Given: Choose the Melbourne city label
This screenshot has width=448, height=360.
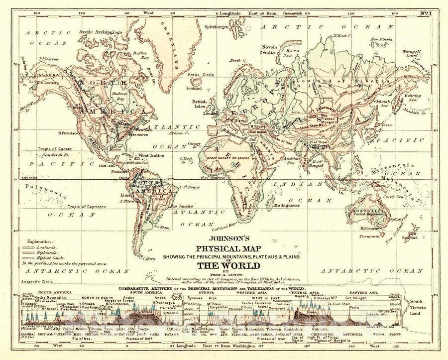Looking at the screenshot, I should [365, 228].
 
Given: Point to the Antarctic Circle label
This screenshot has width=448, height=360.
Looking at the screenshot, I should [42, 281].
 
